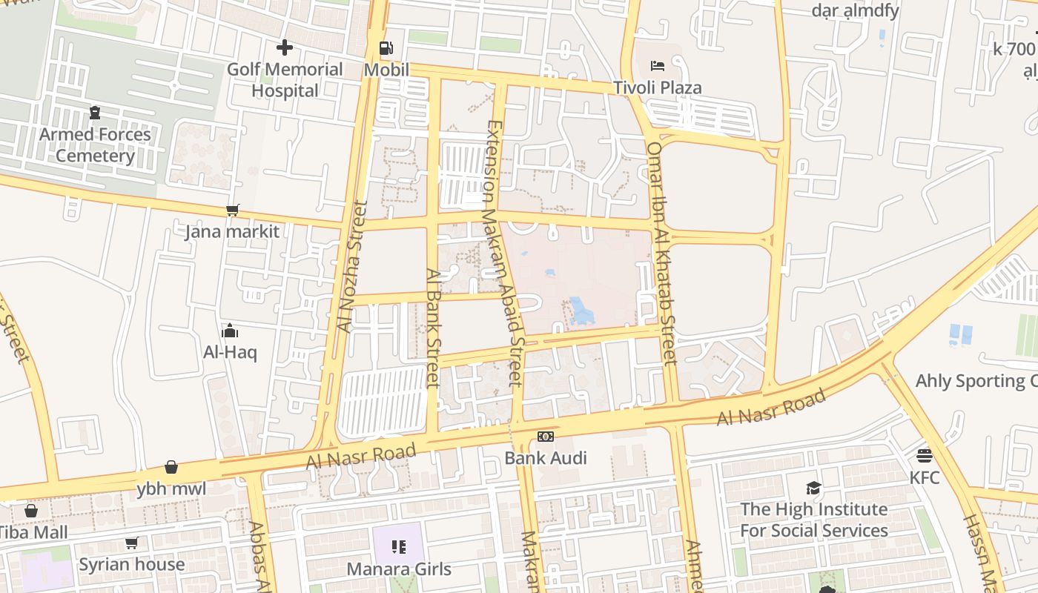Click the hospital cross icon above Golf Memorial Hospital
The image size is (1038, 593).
(x=285, y=48)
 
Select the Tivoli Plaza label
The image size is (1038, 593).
(x=657, y=87)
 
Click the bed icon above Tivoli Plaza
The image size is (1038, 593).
(x=657, y=66)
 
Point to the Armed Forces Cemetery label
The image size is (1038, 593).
(x=95, y=145)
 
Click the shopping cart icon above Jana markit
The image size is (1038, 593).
(x=233, y=211)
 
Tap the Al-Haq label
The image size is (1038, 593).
(x=230, y=352)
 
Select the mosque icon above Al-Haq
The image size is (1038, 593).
(x=230, y=330)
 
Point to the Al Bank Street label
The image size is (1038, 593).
(x=434, y=328)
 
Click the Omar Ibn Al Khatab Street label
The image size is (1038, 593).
(x=661, y=254)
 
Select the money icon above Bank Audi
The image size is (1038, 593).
(x=546, y=437)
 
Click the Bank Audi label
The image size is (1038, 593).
(x=546, y=458)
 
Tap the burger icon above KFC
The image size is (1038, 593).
(x=924, y=455)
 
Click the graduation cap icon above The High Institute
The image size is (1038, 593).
(x=814, y=488)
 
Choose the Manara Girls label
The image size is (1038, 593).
(x=399, y=569)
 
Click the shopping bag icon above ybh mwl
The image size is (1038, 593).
(x=171, y=467)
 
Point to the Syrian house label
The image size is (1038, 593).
(x=132, y=564)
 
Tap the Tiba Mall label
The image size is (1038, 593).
(x=33, y=532)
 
